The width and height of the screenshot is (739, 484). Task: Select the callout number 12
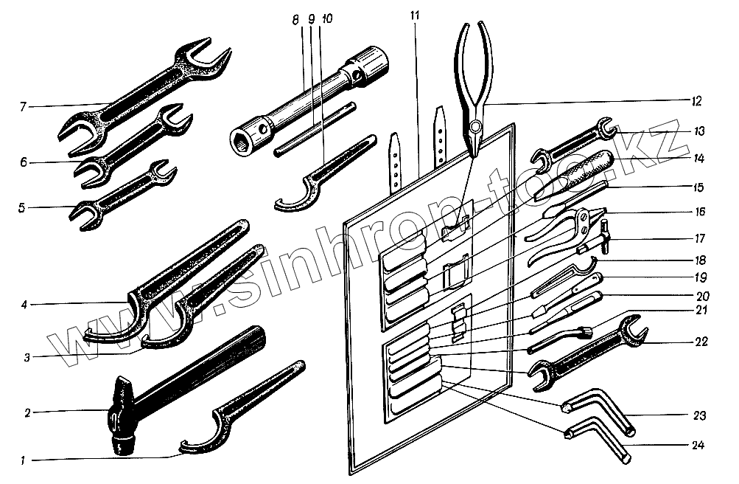click(x=696, y=100)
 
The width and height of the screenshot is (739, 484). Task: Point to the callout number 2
click(x=27, y=412)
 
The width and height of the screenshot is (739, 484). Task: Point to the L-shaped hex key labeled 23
click(x=597, y=409)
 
